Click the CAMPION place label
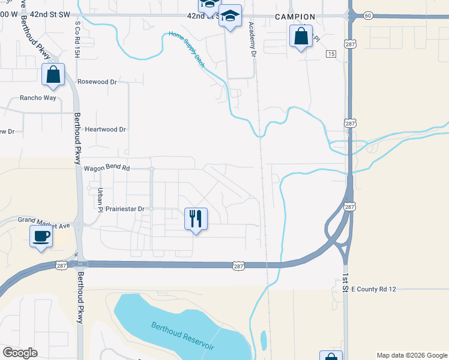coord(295,17)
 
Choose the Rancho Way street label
coord(38,97)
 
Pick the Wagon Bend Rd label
coord(107,169)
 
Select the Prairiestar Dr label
coord(125,209)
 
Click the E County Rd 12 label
coord(374,289)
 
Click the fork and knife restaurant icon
coord(196,219)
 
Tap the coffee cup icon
coord(41,236)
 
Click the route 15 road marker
coord(331,54)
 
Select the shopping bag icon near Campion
coord(301,37)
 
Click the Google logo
coord(20,353)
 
